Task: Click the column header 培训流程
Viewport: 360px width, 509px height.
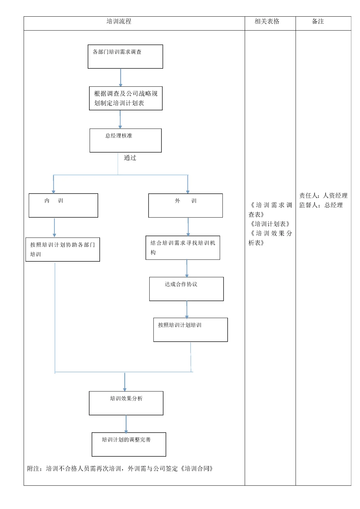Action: (119, 22)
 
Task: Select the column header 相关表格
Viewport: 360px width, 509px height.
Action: (267, 22)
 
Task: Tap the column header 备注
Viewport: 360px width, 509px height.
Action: (318, 22)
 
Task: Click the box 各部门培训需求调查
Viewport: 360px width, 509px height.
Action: (125, 57)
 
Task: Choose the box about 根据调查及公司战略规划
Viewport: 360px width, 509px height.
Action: (126, 98)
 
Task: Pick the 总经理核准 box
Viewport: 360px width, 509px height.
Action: (125, 140)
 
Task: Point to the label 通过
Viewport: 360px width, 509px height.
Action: (130, 158)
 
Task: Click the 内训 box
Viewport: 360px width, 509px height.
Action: (63, 205)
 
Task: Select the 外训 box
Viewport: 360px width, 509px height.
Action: (185, 205)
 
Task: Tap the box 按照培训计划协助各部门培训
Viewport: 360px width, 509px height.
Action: (63, 249)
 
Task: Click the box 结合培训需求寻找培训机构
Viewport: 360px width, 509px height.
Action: (183, 248)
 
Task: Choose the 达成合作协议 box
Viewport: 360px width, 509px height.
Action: (186, 289)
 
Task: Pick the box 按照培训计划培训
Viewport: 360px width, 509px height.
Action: (190, 330)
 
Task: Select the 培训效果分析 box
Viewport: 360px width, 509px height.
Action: (126, 403)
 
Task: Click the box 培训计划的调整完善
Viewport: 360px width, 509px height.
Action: (129, 444)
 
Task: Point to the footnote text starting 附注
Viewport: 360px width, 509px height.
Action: (120, 469)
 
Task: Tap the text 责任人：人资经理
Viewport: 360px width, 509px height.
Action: (323, 196)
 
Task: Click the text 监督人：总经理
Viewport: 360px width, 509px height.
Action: (321, 205)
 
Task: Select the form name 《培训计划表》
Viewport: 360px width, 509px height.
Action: (270, 224)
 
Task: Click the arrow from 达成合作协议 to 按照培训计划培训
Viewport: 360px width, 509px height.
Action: (187, 309)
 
